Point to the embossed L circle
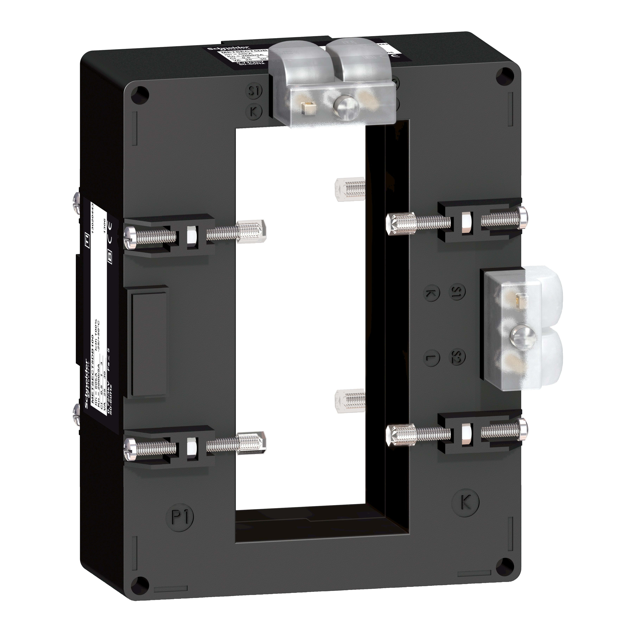pos(432,358)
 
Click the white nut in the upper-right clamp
pos(467,223)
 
